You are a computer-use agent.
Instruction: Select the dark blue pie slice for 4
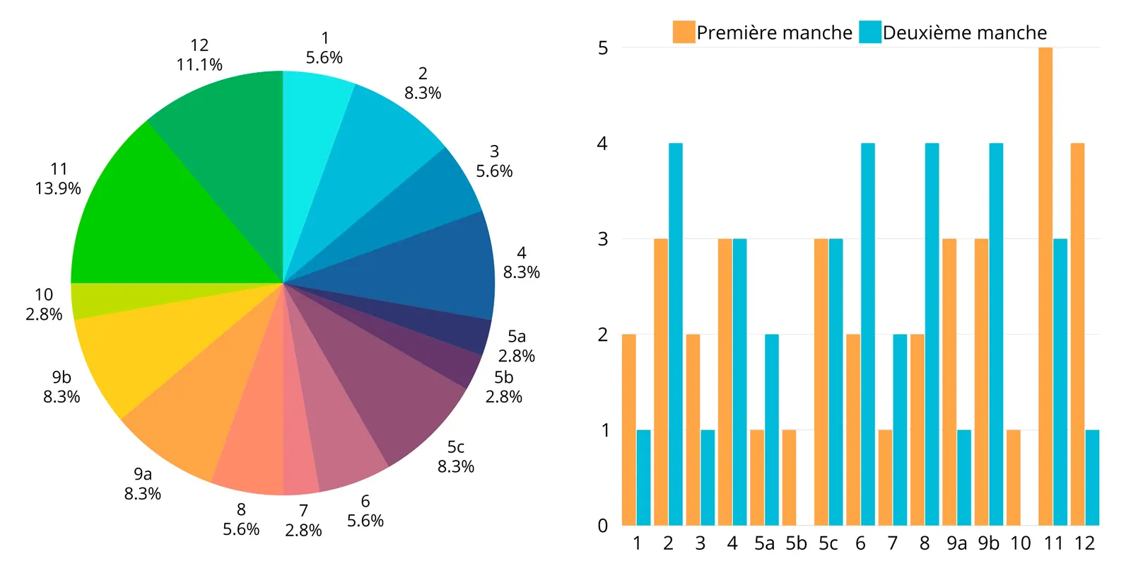coord(424,269)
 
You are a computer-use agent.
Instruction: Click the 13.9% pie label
coord(58,188)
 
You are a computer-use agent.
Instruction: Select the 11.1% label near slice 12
coord(199,64)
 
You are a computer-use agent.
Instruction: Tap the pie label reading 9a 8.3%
coord(143,484)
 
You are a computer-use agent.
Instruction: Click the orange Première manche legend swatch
coord(684,33)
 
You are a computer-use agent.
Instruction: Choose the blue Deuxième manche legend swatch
coord(870,33)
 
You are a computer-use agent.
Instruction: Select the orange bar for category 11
coord(1045,287)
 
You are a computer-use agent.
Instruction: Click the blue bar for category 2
coord(675,334)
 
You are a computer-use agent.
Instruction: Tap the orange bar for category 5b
coord(789,478)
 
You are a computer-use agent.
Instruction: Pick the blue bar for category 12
coord(1092,478)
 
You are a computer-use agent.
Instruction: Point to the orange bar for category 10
coord(1013,478)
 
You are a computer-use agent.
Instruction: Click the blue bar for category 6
coord(867,334)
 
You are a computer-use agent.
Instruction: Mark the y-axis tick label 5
coord(603,48)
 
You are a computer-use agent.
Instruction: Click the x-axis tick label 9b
coord(989,543)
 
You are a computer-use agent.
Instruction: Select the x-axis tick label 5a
coord(764,543)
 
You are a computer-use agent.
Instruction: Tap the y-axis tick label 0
coord(603,526)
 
